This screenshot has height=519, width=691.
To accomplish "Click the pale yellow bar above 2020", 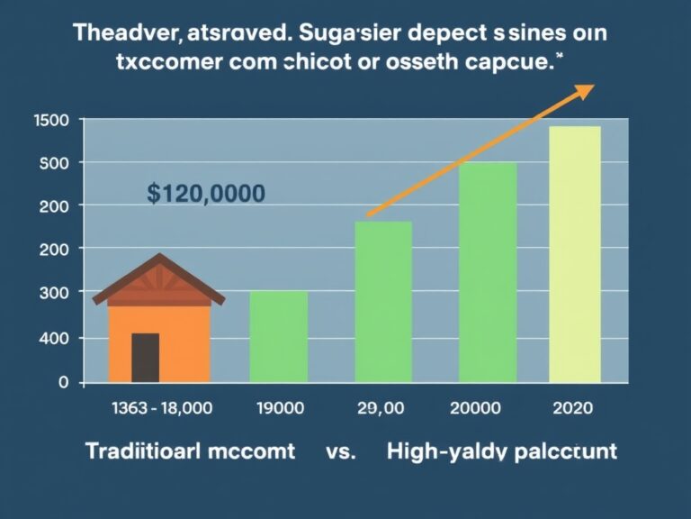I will coord(575,254).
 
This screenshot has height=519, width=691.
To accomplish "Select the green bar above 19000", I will coord(278,336).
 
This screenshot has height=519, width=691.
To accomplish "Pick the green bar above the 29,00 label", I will coord(383,302).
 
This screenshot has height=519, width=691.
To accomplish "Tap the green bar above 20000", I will coord(488,272).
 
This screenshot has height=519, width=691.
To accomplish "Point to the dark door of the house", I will coord(145,357).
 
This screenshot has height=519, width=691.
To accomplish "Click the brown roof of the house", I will coord(158,278).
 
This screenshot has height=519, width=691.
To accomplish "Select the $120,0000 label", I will coord(205,193).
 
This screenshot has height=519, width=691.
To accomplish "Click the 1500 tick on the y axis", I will coord(51,121).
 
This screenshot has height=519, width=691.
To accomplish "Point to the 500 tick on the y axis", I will coord(56,162).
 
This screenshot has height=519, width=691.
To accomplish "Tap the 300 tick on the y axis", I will coord(56,293).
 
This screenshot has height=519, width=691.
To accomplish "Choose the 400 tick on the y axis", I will coord(56,338).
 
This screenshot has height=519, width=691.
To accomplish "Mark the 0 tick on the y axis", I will coord(63,382).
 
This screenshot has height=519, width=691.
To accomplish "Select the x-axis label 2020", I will coord(574,408).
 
